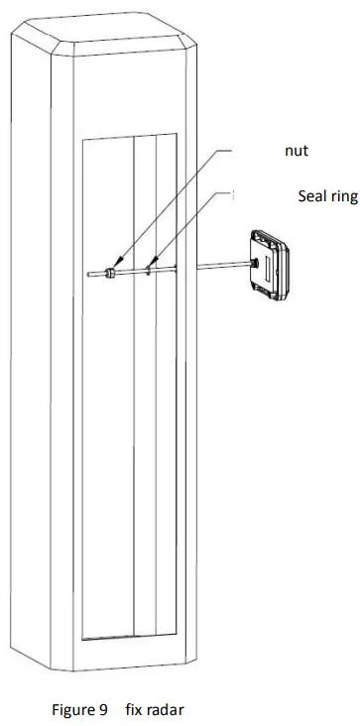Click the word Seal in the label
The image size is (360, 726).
click(x=312, y=195)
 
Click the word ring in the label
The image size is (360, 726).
click(x=343, y=196)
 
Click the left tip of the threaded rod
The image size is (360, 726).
click(x=90, y=272)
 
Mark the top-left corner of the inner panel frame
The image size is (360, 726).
click(x=83, y=136)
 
